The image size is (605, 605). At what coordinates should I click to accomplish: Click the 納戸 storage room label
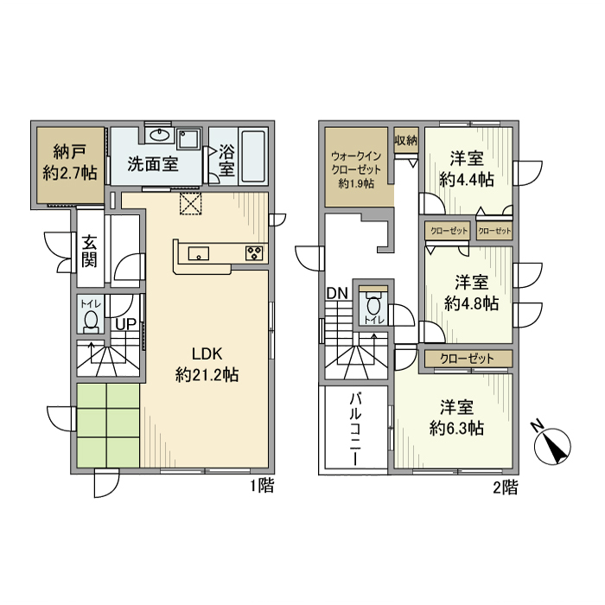[70, 162]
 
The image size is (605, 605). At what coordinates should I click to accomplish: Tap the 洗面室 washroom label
[153, 165]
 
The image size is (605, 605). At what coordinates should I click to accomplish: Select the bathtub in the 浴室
[253, 156]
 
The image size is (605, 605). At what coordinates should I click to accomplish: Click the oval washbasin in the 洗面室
[160, 135]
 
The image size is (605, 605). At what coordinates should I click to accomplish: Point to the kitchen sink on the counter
[198, 253]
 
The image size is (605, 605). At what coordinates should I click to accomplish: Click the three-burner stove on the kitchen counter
[254, 253]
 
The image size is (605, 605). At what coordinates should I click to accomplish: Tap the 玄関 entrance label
[89, 252]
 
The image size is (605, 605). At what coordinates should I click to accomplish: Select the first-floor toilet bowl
[91, 322]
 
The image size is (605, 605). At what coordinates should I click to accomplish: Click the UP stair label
[126, 324]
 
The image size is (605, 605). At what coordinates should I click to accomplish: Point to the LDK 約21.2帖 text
[207, 364]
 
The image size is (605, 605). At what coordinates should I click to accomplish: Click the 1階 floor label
[263, 486]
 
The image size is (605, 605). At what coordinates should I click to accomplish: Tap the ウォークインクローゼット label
[356, 169]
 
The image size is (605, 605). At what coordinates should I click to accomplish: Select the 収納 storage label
[406, 140]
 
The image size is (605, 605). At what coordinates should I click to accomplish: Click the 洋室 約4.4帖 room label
[467, 169]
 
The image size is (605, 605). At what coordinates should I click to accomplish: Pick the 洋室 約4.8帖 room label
[471, 293]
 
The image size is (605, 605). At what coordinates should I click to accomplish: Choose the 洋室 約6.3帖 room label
[457, 417]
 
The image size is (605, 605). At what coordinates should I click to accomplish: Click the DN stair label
[337, 294]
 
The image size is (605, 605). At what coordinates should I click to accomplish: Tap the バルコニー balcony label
[355, 430]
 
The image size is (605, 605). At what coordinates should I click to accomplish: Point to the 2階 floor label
[506, 487]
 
